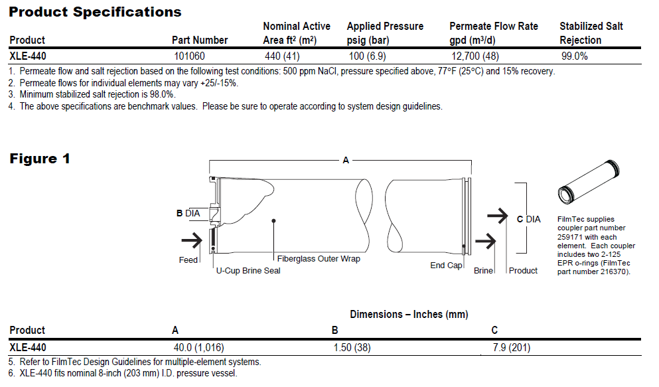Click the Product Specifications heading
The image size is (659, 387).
95,12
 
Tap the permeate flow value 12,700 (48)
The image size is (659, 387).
475,56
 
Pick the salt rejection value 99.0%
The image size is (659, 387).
574,56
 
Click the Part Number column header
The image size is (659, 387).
200,40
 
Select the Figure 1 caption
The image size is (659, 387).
39,159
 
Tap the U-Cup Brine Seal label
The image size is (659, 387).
248,271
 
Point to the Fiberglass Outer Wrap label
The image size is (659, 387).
319,259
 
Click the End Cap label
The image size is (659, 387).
446,266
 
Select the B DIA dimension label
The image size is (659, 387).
188,214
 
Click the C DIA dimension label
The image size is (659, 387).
528,219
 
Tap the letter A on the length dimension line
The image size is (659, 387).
345,160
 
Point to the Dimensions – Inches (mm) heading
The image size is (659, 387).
409,315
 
